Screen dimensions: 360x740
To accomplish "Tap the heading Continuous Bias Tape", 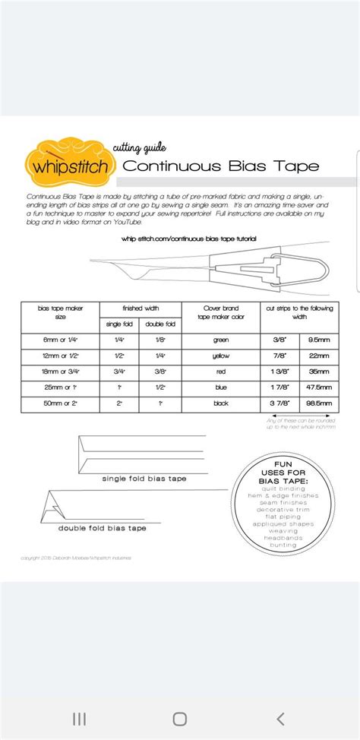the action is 220,166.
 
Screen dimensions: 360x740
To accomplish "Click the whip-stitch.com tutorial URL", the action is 188,239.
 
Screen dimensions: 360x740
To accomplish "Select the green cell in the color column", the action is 221,340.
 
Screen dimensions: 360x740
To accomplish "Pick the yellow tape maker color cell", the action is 221,356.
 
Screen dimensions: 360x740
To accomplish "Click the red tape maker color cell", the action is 221,372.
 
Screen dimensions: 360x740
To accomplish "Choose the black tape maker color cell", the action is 221,403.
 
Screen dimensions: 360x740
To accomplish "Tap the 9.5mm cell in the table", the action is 317,340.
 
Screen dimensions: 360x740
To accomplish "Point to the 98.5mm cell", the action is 317,403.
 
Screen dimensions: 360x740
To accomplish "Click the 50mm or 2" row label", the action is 58,403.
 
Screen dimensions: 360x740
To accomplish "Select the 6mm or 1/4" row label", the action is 58,340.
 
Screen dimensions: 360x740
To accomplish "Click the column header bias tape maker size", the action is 58,312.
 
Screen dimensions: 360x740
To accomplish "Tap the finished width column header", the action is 141,308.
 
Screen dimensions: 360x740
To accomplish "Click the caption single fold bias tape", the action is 144,479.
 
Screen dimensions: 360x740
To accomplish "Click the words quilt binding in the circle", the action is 280,488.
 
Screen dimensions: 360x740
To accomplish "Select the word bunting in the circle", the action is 280,545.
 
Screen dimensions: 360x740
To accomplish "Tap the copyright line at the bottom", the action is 76,558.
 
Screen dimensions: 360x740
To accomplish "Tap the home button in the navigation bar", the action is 180,719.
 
